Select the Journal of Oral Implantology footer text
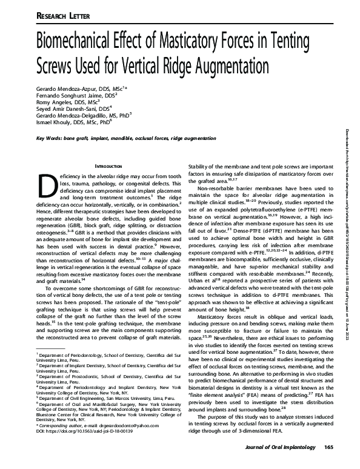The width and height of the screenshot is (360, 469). [x=281, y=447]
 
